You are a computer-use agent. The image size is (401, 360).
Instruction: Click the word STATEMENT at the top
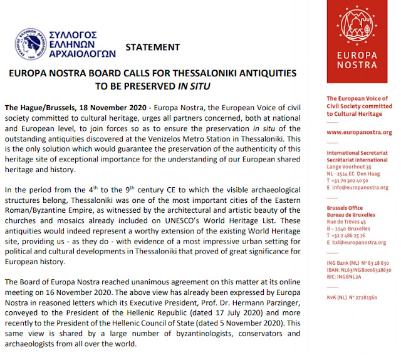153,47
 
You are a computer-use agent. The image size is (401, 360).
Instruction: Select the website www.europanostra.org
354,133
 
